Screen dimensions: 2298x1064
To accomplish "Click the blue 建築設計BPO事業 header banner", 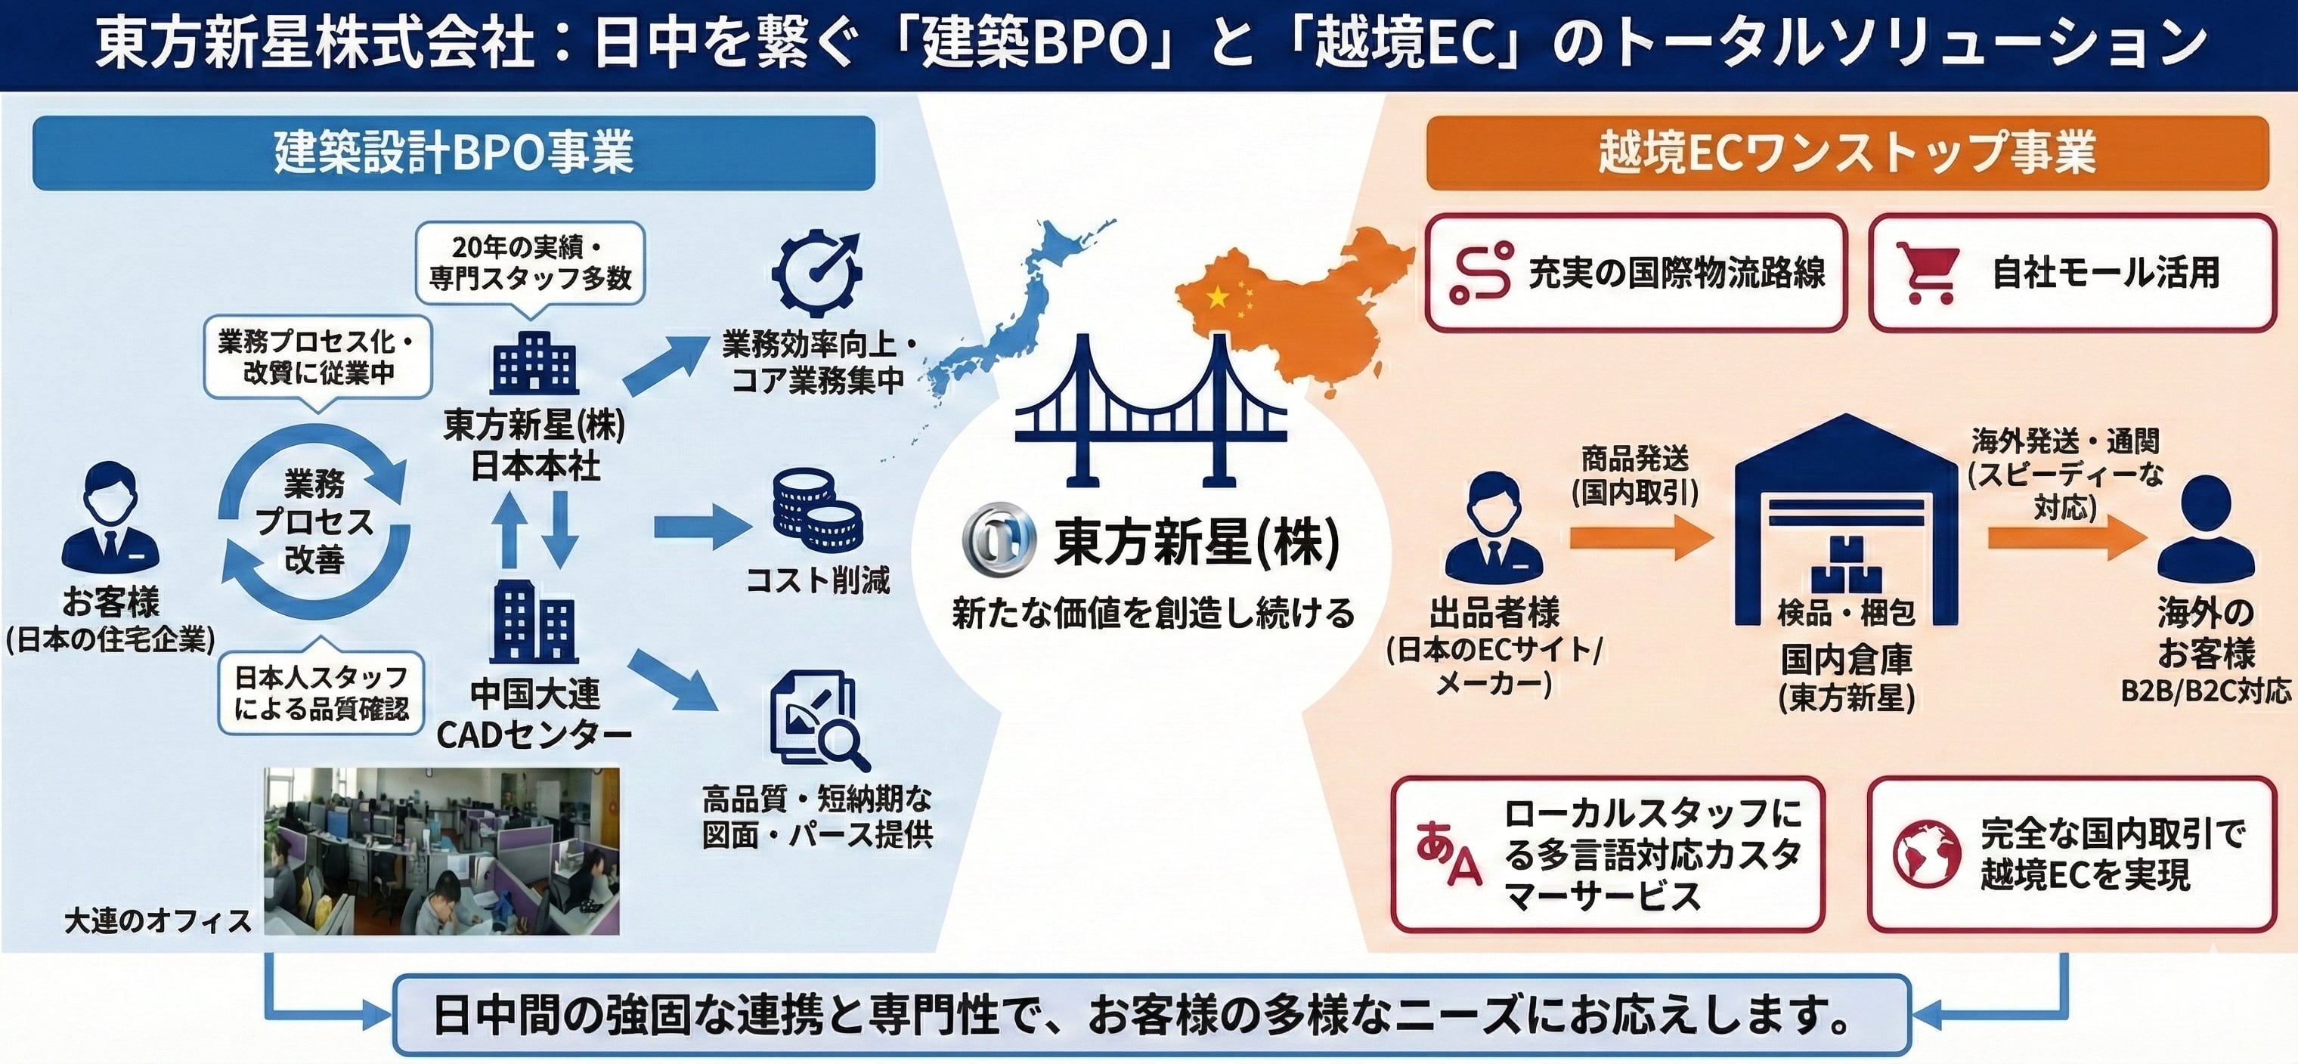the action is click(x=454, y=153).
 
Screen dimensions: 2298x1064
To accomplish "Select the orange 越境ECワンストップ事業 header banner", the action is click(x=1847, y=153).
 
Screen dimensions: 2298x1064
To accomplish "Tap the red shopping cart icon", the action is click(x=1928, y=273).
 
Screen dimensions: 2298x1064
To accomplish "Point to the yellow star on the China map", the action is click(x=1217, y=297).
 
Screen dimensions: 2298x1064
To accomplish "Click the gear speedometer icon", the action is click(x=816, y=273).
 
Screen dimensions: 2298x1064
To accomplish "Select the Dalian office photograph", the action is click(x=441, y=851).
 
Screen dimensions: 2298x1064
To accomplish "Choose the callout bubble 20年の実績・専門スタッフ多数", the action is click(x=530, y=263).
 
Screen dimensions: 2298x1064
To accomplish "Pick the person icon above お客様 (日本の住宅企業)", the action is click(x=110, y=518).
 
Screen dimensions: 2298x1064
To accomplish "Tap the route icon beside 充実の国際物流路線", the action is click(x=1480, y=273).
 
